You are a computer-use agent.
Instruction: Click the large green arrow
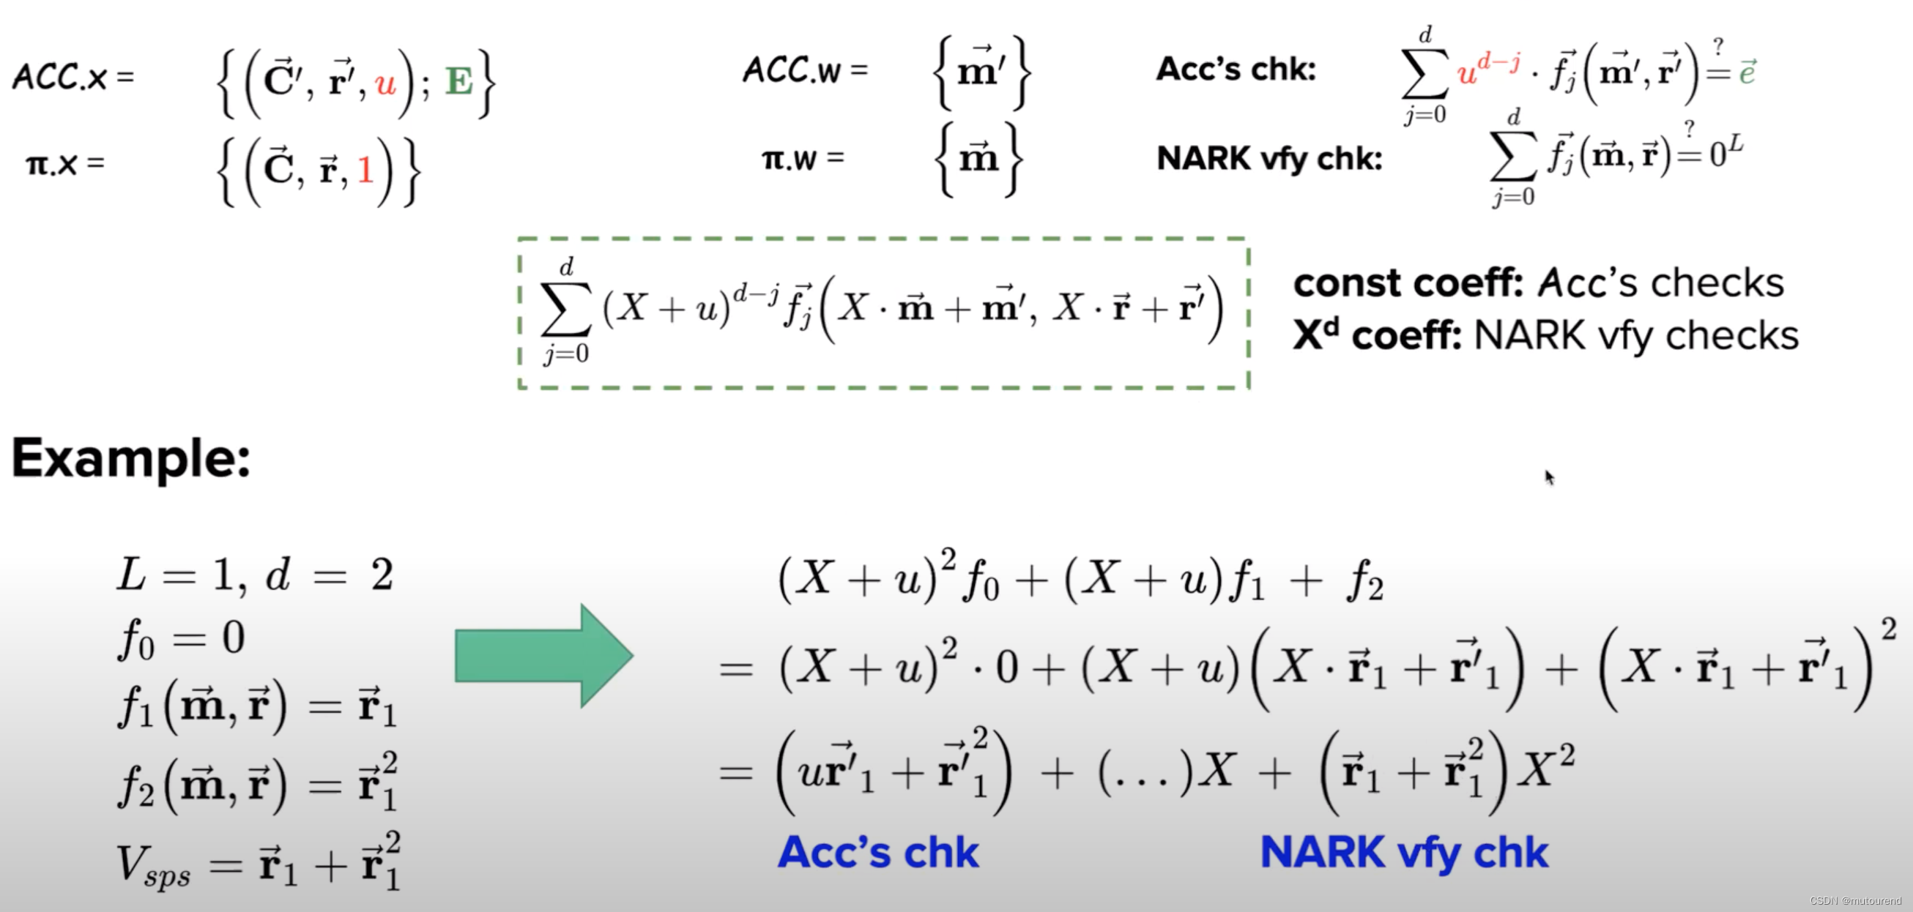pyautogui.click(x=542, y=656)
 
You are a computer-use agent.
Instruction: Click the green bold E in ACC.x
pyautogui.click(x=458, y=81)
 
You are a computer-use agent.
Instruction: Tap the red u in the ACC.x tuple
pyautogui.click(x=385, y=83)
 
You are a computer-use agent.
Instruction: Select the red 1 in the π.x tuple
pyautogui.click(x=365, y=171)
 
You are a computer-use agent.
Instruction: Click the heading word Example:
pyautogui.click(x=130, y=459)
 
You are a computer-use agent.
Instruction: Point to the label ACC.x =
pyautogui.click(x=73, y=76)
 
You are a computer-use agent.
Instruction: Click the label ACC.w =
pyautogui.click(x=805, y=70)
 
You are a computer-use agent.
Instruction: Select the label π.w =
pyautogui.click(x=803, y=158)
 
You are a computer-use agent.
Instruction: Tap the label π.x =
pyautogui.click(x=64, y=163)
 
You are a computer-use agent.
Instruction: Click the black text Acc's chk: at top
pyautogui.click(x=1236, y=70)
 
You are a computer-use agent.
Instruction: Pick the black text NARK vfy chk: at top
pyautogui.click(x=1269, y=158)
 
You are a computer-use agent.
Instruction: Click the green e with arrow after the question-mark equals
pyautogui.click(x=1747, y=72)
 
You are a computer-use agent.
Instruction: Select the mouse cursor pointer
pyautogui.click(x=1549, y=477)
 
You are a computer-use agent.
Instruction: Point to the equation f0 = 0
pyautogui.click(x=181, y=638)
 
